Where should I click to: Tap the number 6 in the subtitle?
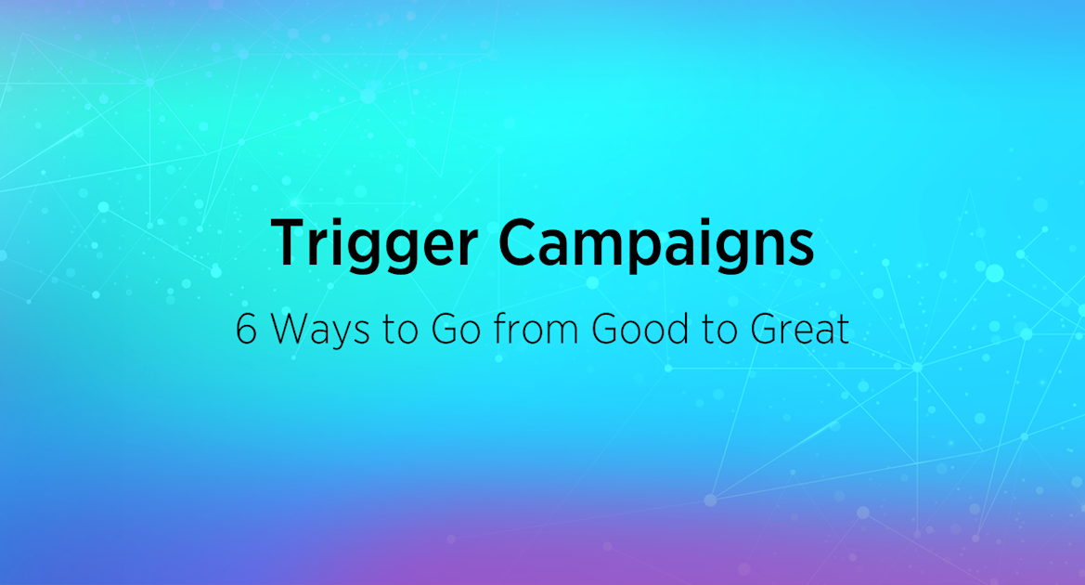pos(246,330)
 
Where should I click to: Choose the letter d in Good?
pos(665,330)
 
